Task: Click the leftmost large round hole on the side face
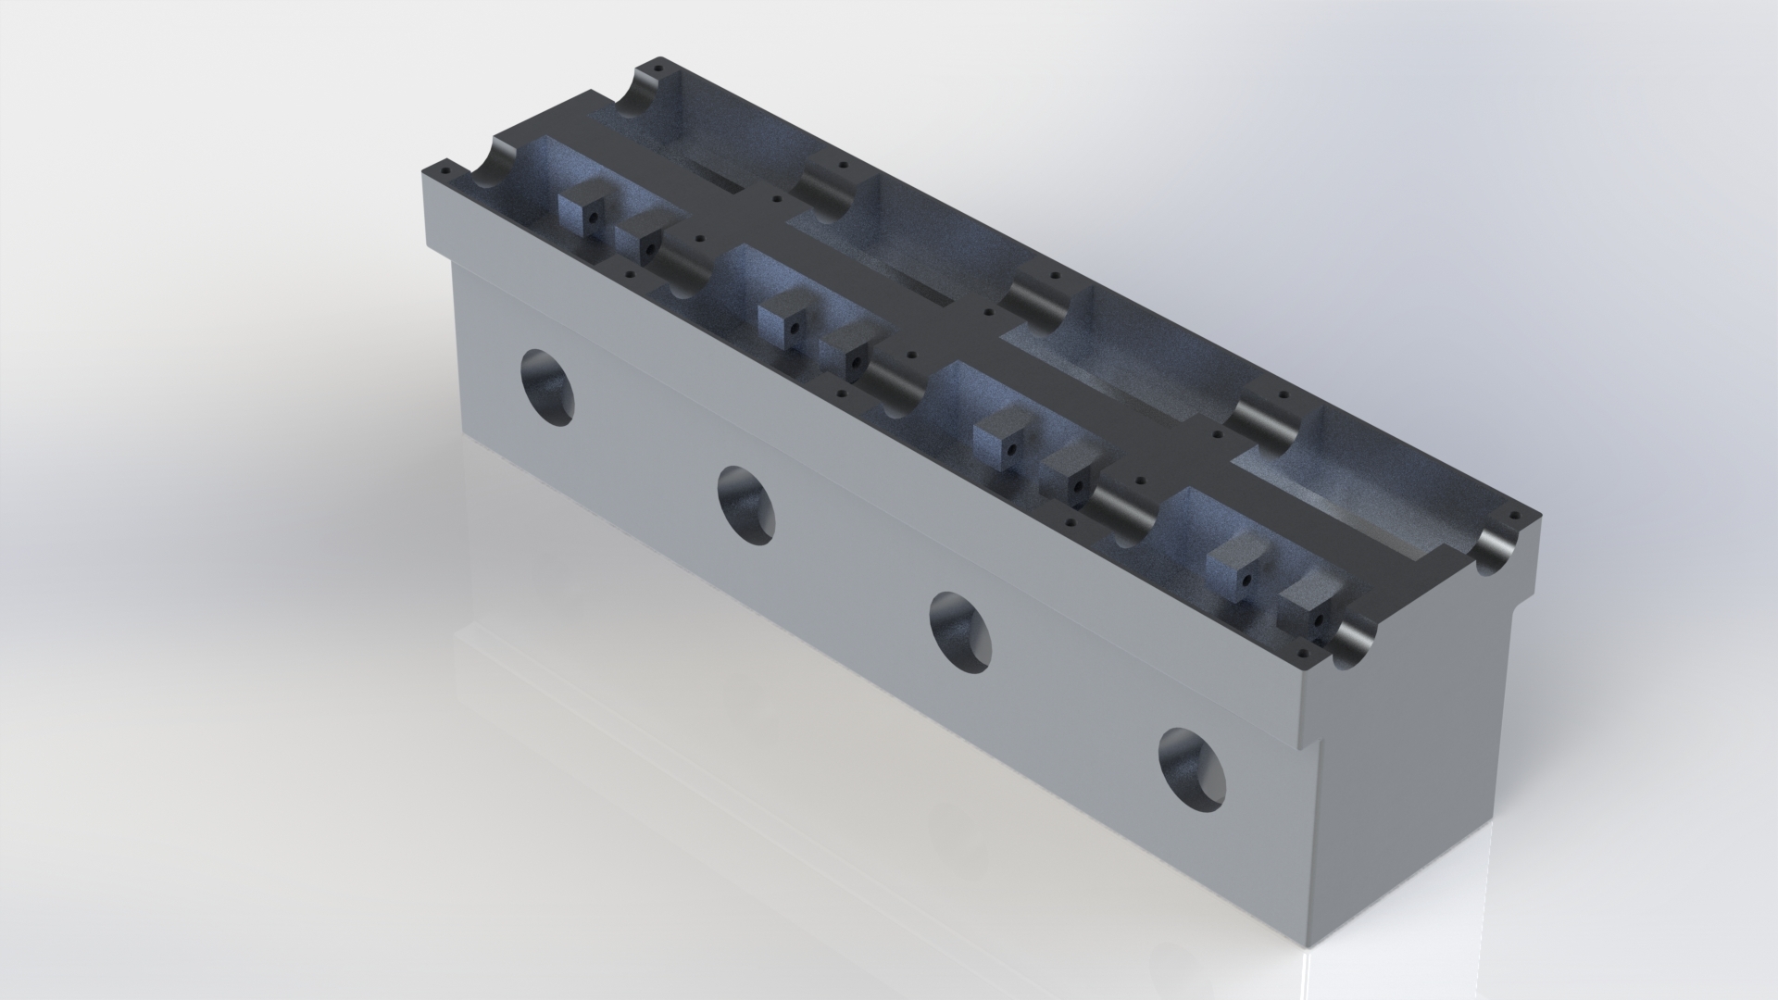[547, 387]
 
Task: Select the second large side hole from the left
[746, 506]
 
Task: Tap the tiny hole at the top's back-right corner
[1515, 516]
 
